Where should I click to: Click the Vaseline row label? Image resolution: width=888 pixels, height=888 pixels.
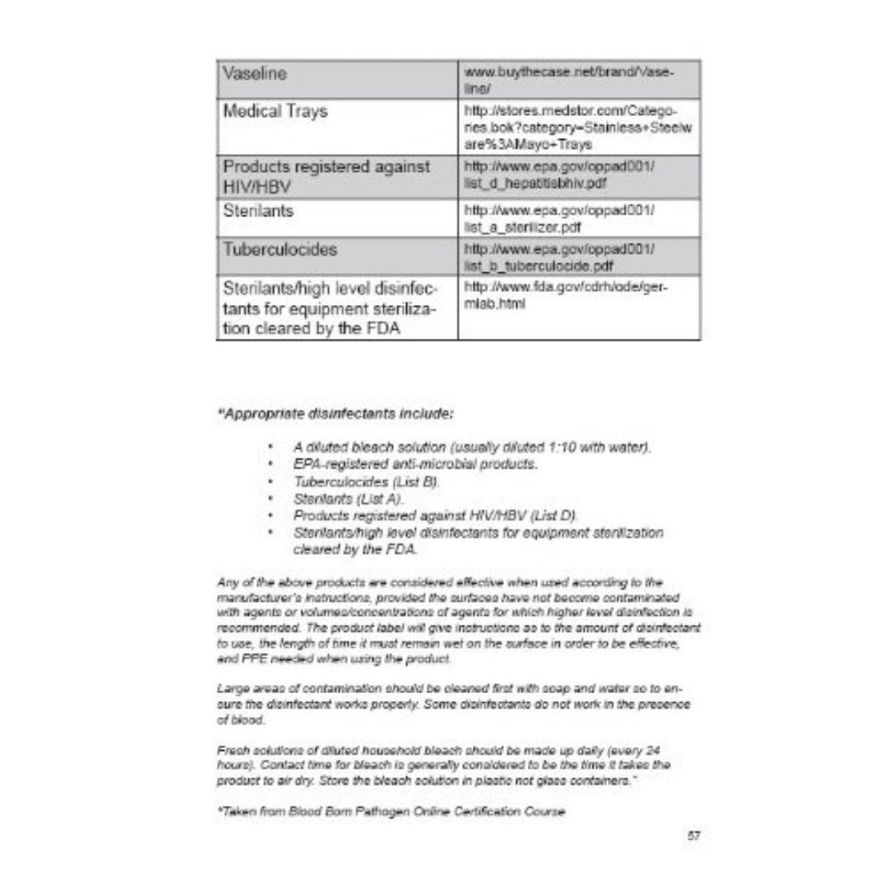tap(255, 74)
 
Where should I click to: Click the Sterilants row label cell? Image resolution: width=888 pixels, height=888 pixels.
tap(259, 211)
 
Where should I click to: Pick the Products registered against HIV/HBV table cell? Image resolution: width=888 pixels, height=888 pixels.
tap(327, 176)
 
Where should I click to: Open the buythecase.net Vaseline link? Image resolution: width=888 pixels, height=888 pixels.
tap(570, 80)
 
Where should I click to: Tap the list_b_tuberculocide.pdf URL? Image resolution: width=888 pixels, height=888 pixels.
tap(559, 257)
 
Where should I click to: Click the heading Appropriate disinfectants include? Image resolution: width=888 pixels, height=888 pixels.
tap(335, 414)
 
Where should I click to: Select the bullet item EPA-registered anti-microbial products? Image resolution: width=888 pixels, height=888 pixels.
tap(415, 465)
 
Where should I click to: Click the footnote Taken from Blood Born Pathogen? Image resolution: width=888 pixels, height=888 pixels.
tap(391, 812)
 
